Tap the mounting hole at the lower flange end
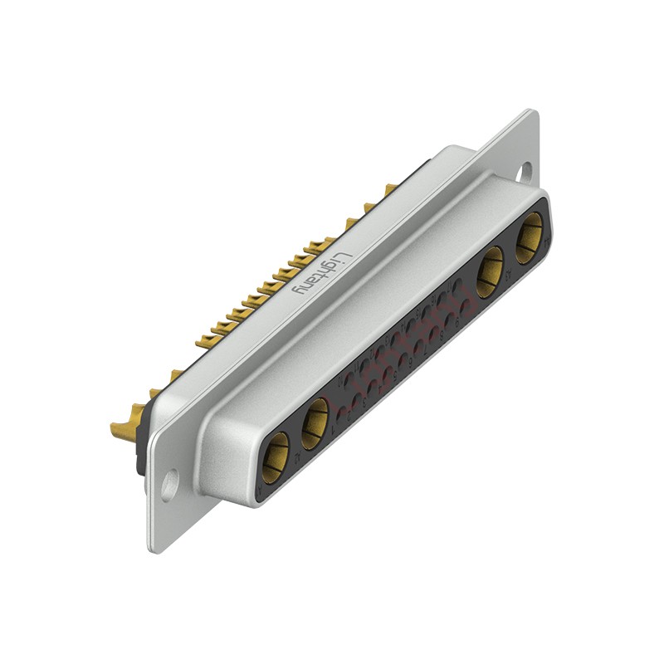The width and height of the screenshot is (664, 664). point(169,485)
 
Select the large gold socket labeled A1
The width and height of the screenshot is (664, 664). point(276,457)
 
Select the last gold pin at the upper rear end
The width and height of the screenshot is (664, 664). point(388,189)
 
